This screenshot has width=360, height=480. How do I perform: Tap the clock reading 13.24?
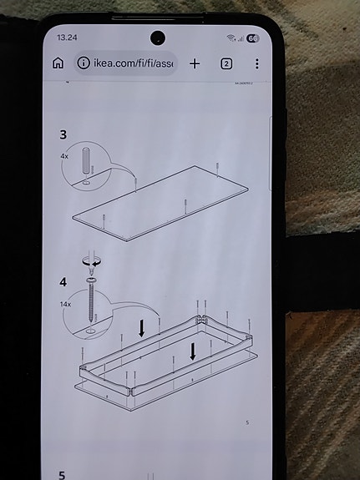(x=67, y=38)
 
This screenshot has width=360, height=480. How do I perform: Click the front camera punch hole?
(x=156, y=38)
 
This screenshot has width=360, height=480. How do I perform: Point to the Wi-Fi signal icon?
(x=230, y=38)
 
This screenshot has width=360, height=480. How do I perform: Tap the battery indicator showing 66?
(x=251, y=38)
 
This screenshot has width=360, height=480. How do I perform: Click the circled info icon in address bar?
(x=84, y=63)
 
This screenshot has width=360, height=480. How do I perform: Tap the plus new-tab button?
(x=195, y=63)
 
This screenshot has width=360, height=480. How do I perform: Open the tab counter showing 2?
(x=226, y=63)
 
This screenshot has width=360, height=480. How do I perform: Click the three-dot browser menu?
(x=256, y=63)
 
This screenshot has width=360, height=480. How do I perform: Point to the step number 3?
(x=63, y=134)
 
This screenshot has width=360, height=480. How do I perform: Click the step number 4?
(x=63, y=282)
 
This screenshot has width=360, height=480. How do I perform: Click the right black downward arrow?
(x=193, y=351)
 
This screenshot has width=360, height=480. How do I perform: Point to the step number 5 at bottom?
(x=62, y=475)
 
